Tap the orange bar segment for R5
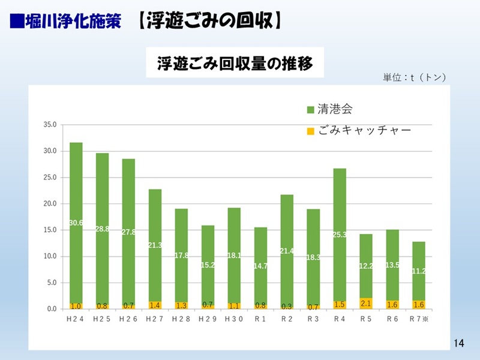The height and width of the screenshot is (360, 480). (x=366, y=303)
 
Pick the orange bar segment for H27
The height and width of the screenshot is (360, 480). (x=155, y=305)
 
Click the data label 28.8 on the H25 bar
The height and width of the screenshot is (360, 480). (x=102, y=229)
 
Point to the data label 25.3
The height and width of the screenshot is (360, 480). (x=340, y=235)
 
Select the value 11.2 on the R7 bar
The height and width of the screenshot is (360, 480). (x=419, y=271)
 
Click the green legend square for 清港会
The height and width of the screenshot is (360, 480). (x=310, y=110)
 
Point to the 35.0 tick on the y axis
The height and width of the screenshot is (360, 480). (x=49, y=125)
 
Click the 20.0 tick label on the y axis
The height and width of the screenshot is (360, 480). (x=49, y=204)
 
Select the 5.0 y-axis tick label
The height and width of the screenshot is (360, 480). (x=50, y=283)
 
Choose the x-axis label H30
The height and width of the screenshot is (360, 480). (x=234, y=319)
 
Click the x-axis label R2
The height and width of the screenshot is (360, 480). (x=287, y=319)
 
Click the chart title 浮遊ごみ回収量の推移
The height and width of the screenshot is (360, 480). (x=235, y=63)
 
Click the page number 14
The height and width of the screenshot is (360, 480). (x=459, y=343)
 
